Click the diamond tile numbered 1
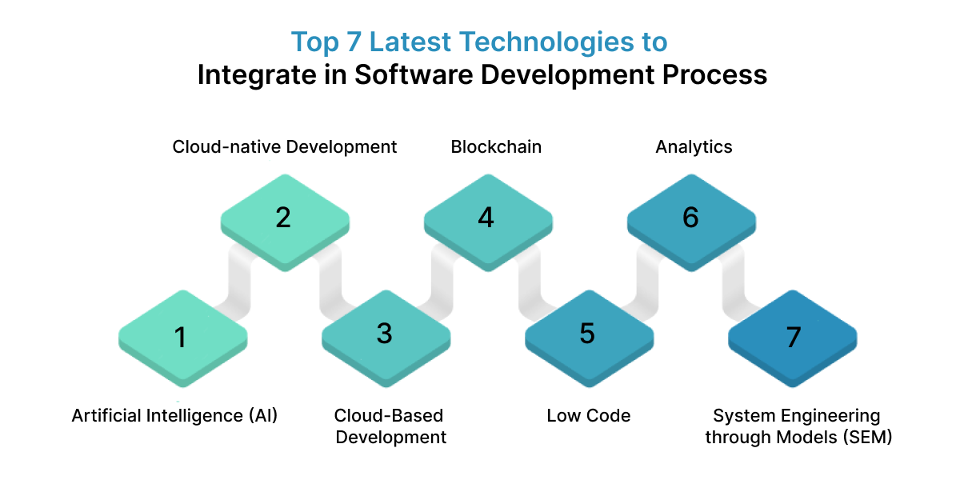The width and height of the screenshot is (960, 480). pos(182,336)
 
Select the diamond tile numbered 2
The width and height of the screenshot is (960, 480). pos(284,218)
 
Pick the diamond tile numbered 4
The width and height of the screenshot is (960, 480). pos(487,218)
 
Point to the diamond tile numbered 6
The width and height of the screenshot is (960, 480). pos(690,218)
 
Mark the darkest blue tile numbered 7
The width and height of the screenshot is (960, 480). pos(792,336)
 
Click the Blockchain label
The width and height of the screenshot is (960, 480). pos(496,147)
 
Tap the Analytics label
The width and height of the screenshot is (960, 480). pos(694,147)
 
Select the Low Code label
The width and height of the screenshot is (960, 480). pos(588,416)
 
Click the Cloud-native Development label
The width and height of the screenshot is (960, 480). pos(285,147)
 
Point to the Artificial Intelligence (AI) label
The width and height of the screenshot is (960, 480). pos(174,416)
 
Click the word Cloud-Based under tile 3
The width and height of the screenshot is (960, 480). pos(389,416)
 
